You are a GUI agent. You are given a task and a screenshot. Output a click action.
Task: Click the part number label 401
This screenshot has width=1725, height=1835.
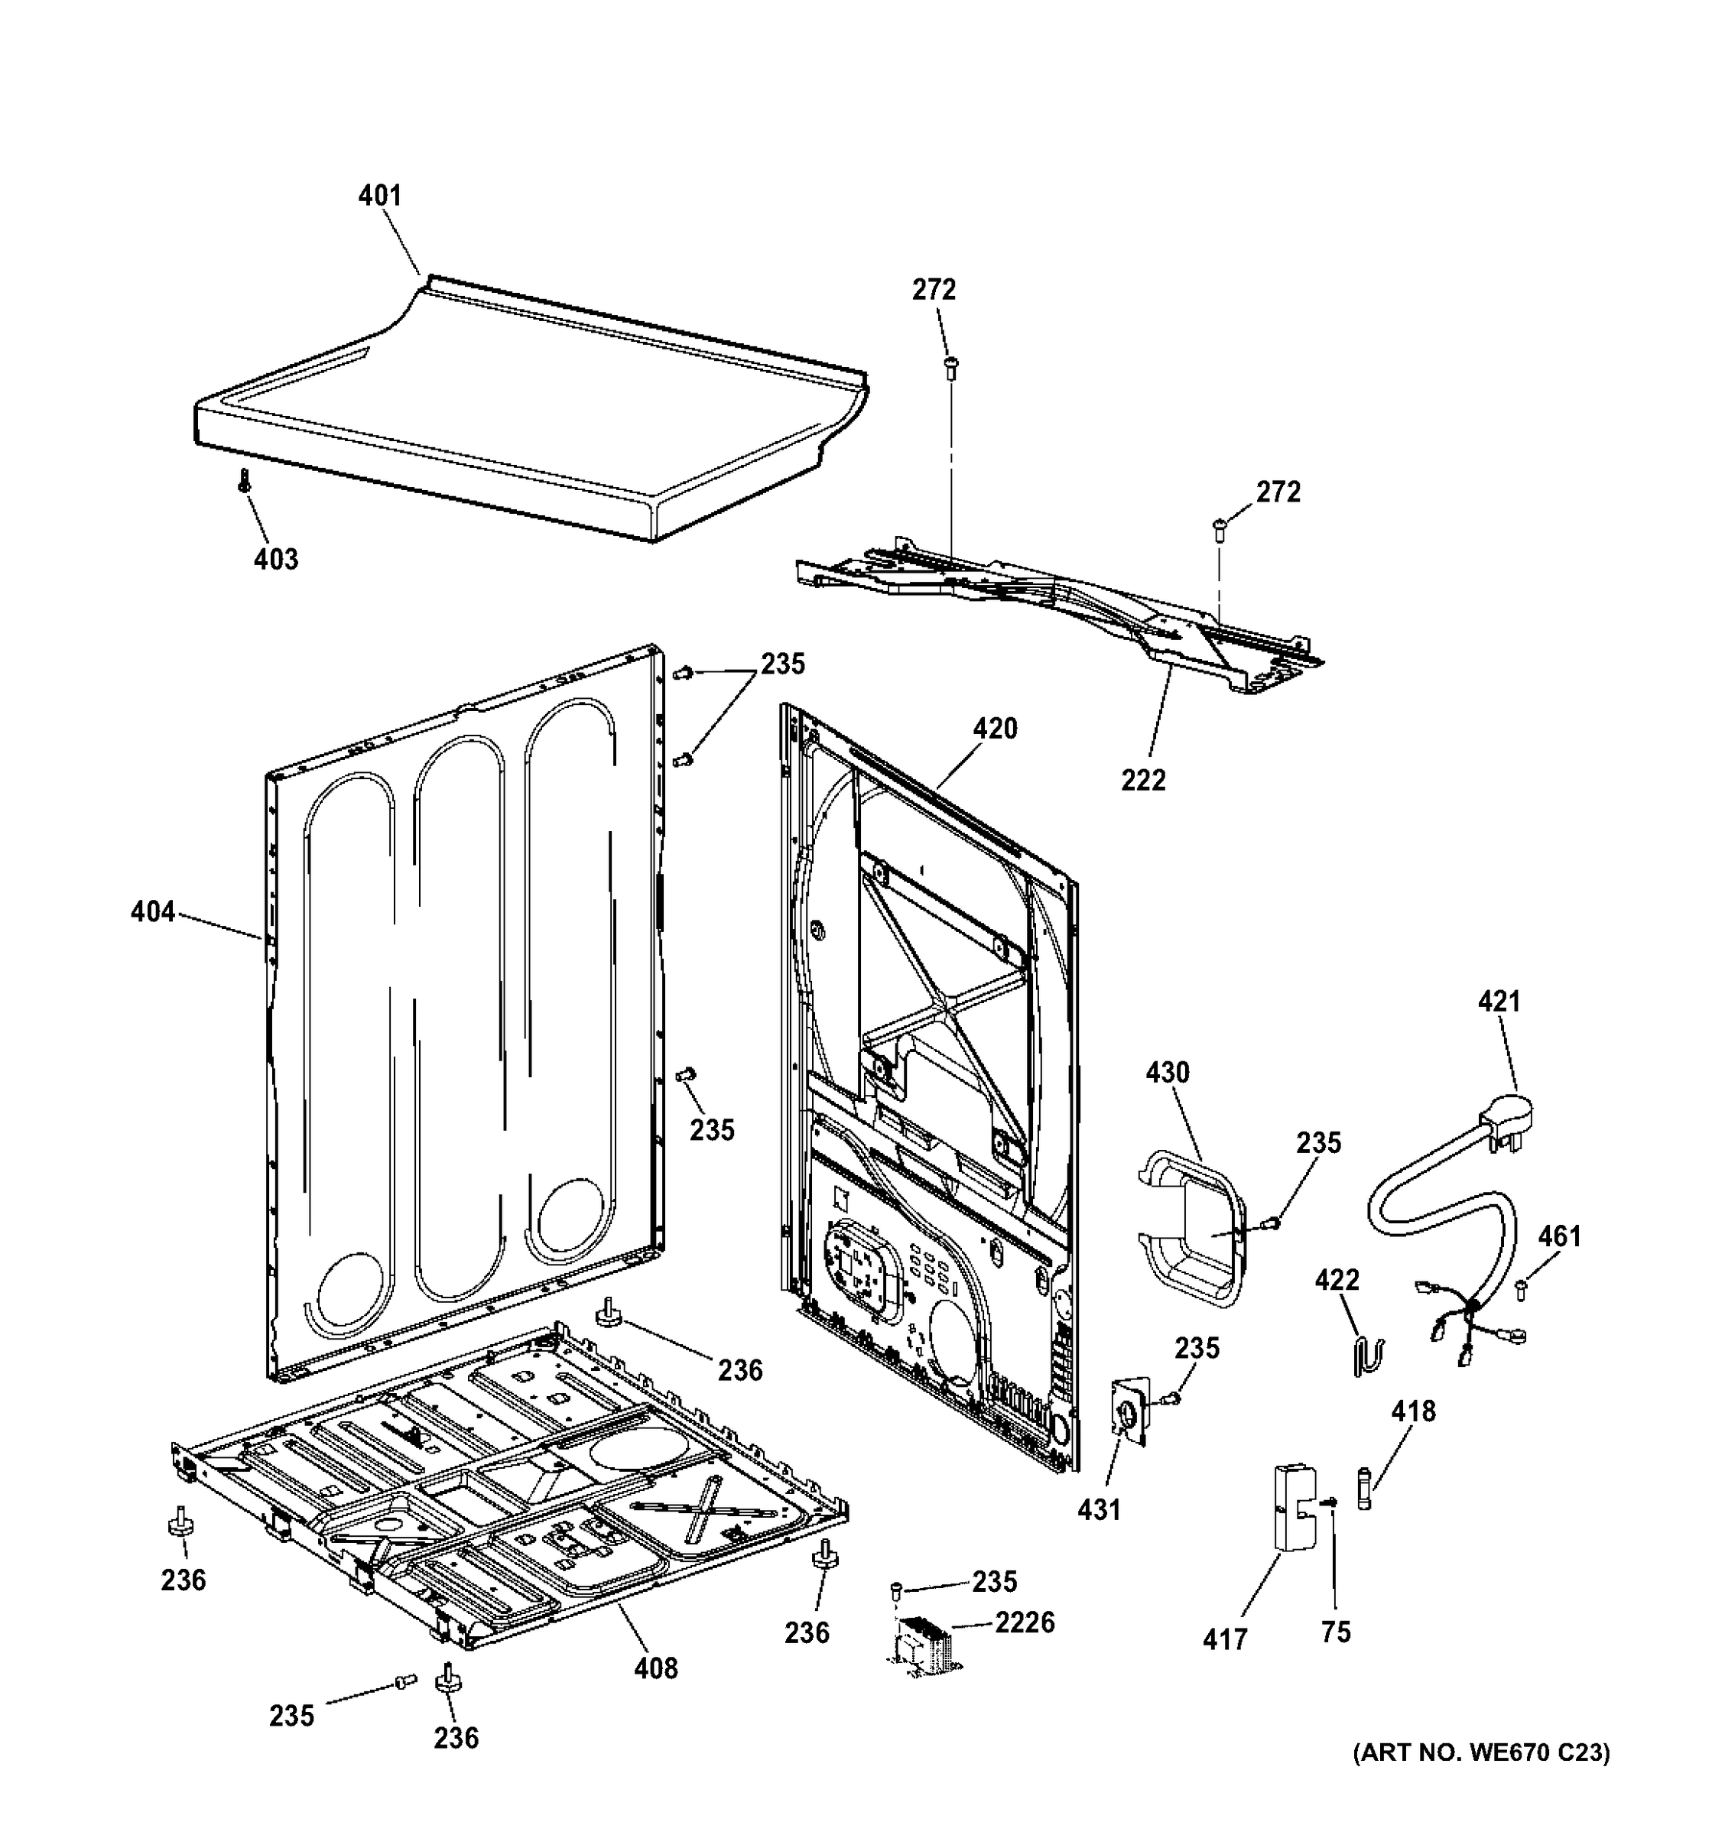pyautogui.click(x=379, y=196)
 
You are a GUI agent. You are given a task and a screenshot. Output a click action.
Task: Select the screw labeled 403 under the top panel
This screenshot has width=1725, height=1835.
pyautogui.click(x=245, y=480)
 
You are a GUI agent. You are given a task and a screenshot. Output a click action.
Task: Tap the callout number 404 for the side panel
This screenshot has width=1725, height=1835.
pyautogui.click(x=152, y=912)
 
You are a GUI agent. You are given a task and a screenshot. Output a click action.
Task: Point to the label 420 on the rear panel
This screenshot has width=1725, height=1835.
pyautogui.click(x=995, y=729)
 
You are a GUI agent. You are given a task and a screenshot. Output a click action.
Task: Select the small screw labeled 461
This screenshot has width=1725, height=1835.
pyautogui.click(x=1520, y=1290)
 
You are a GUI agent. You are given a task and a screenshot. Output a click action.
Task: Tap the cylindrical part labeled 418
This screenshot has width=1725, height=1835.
pyautogui.click(x=1366, y=1489)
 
